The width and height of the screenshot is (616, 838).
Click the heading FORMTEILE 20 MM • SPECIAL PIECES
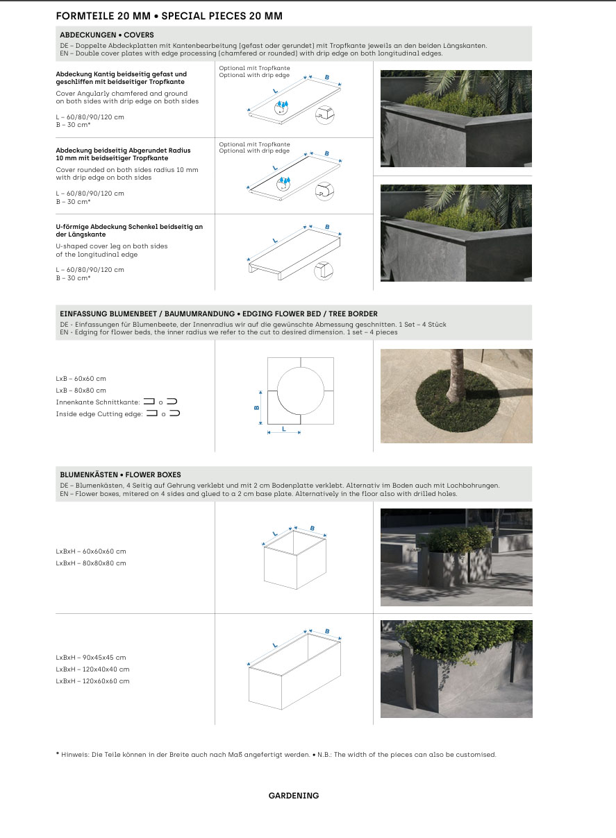(169, 16)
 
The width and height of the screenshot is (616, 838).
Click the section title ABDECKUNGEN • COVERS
(107, 35)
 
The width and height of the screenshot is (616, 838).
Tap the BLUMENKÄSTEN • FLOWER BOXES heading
(120, 475)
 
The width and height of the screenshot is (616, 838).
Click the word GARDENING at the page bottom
(294, 796)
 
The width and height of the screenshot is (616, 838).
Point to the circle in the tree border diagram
(301, 391)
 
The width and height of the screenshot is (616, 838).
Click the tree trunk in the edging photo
(456, 375)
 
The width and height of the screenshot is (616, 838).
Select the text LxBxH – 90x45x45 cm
(91, 658)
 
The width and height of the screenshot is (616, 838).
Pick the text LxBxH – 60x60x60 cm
(91, 551)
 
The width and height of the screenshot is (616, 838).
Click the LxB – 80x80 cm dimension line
(81, 391)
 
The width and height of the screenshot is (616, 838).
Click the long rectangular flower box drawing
(295, 672)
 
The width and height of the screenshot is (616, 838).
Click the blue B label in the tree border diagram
(256, 407)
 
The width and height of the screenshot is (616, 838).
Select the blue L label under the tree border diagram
(283, 428)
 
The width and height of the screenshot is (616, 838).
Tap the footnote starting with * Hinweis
(276, 755)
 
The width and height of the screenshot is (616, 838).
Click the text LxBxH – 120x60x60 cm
(92, 681)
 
